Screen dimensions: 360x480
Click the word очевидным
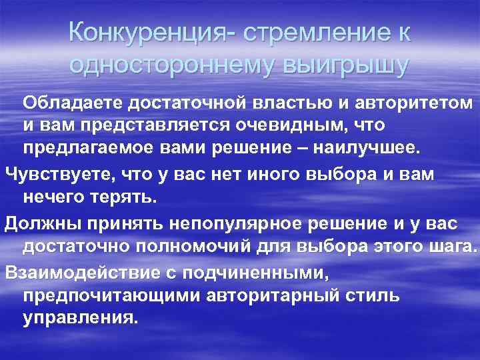[287, 125]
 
